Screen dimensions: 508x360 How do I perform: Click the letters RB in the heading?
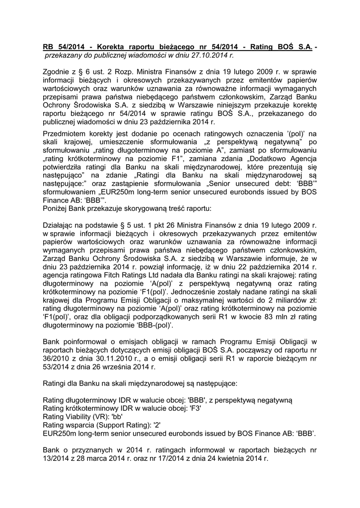coord(49,47)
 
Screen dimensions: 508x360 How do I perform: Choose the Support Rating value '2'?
coord(157,426)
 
